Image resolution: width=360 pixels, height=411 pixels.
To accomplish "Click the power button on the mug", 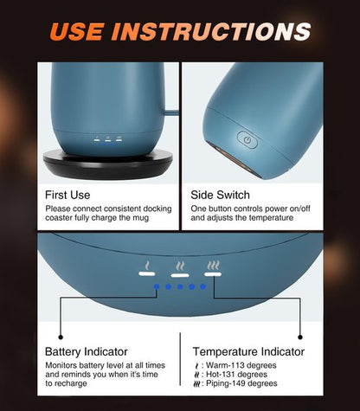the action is [247, 139].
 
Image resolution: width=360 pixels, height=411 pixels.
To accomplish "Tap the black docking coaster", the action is [108, 164].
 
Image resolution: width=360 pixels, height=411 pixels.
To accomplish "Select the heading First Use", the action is [67, 195].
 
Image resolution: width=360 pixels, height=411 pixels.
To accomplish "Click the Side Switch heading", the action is [220, 195].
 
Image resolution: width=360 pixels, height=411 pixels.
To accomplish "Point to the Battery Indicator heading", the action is [87, 351].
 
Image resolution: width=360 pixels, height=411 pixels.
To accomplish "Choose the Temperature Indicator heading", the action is [248, 351].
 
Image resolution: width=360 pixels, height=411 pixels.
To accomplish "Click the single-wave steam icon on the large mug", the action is [147, 266].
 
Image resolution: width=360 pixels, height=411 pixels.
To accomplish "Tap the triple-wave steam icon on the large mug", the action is [213, 265].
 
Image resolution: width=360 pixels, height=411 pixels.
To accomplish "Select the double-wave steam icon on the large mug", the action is [180, 266].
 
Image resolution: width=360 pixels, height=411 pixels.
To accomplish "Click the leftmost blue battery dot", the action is [157, 286].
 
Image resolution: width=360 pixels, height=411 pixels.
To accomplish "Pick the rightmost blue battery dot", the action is [202, 286].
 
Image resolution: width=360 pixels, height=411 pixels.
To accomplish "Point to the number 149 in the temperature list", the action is [238, 383].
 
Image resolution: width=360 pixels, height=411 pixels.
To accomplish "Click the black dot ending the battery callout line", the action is [61, 337].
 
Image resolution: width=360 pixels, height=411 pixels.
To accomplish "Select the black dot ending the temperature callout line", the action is [300, 337].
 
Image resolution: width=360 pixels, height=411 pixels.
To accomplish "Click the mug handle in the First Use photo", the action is [171, 112].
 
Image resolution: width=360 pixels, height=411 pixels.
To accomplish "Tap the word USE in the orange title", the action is [77, 31].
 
